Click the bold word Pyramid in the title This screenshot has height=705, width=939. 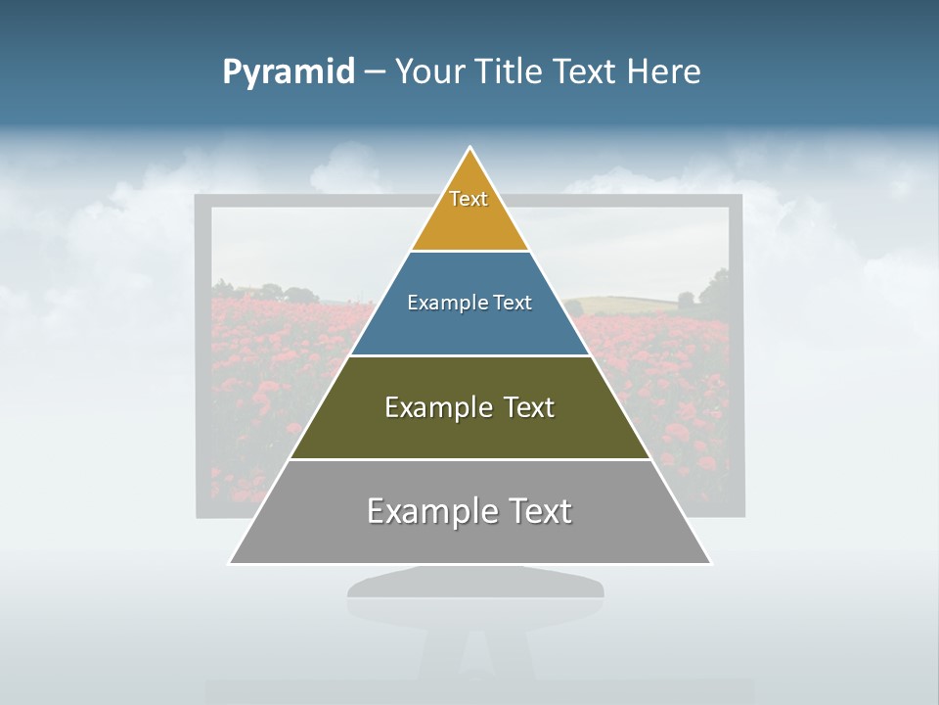click(x=288, y=72)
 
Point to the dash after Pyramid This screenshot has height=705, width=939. click(x=375, y=72)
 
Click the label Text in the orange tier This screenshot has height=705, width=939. click(x=469, y=199)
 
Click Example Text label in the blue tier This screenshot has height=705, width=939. click(x=469, y=303)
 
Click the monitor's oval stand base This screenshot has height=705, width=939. click(x=475, y=585)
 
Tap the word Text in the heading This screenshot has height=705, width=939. click(x=587, y=71)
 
